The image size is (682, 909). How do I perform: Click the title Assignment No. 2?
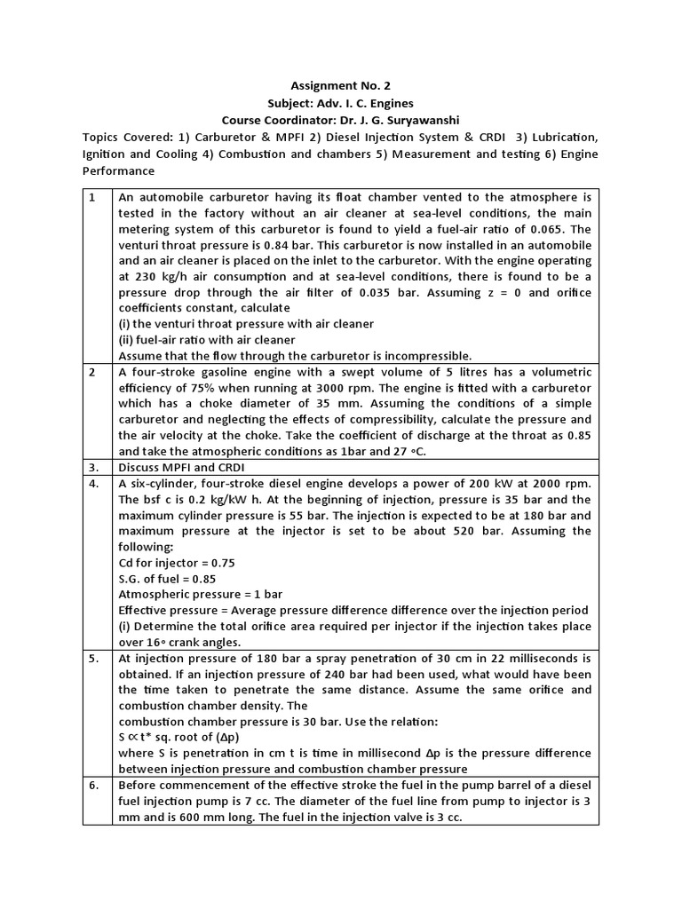pyautogui.click(x=341, y=86)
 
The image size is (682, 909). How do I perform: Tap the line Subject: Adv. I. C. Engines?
pyautogui.click(x=341, y=103)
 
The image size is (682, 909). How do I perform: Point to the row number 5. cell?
pyautogui.click(x=97, y=660)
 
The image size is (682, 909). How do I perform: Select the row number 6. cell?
pyautogui.click(x=97, y=787)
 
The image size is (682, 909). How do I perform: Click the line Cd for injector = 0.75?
pyautogui.click(x=176, y=564)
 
